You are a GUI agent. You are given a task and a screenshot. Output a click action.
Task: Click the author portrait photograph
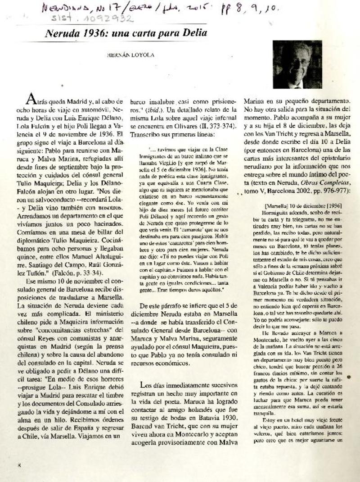[x=297, y=65]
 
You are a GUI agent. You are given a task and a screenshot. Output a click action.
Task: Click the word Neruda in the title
[x=67, y=33]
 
